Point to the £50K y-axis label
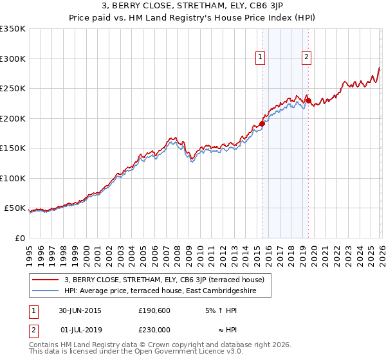pyautogui.click(x=15, y=208)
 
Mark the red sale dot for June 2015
pyautogui.click(x=262, y=124)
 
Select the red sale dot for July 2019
pyautogui.click(x=308, y=100)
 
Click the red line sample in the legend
pyautogui.click(x=46, y=280)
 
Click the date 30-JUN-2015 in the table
pyautogui.click(x=80, y=310)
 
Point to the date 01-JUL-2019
pyautogui.click(x=80, y=329)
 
